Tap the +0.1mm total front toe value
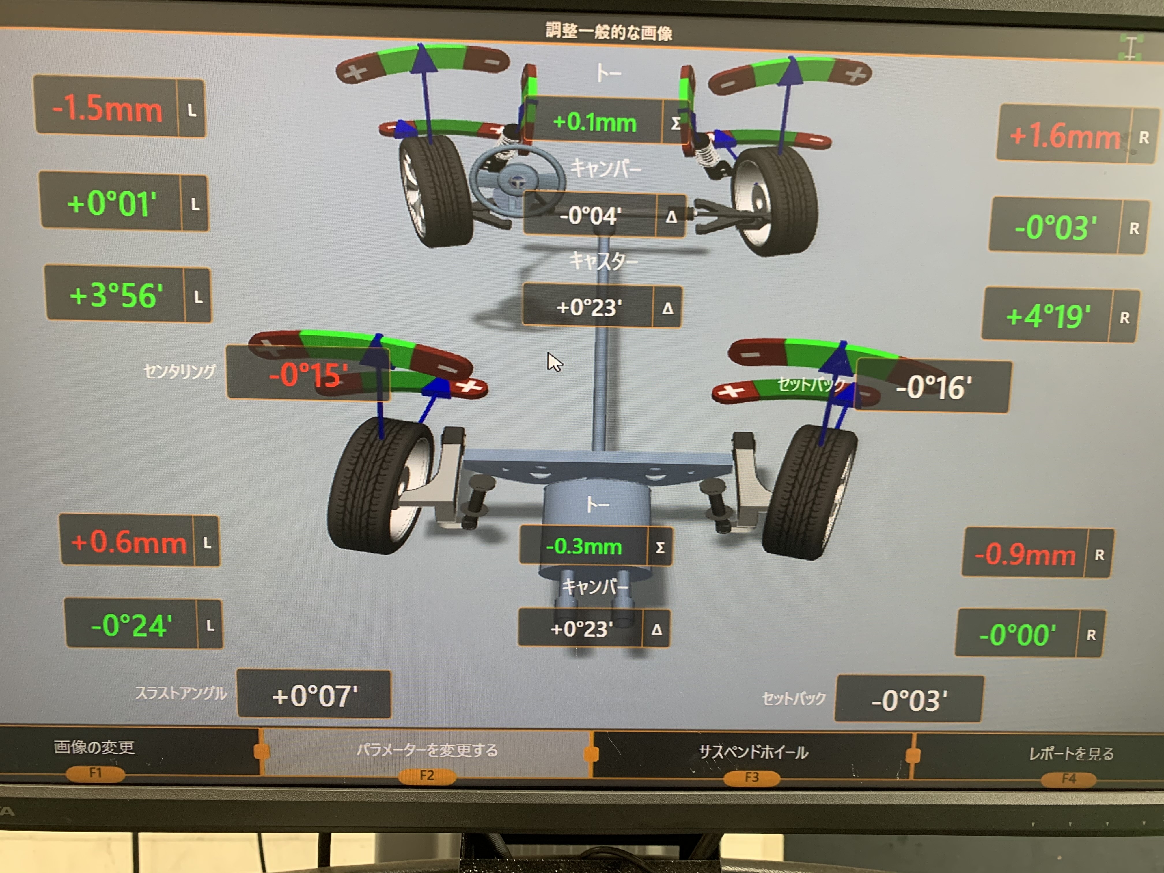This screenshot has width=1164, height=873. pos(595,123)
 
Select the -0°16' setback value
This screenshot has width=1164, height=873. pos(934,387)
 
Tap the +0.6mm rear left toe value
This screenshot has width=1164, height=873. pos(129,542)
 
